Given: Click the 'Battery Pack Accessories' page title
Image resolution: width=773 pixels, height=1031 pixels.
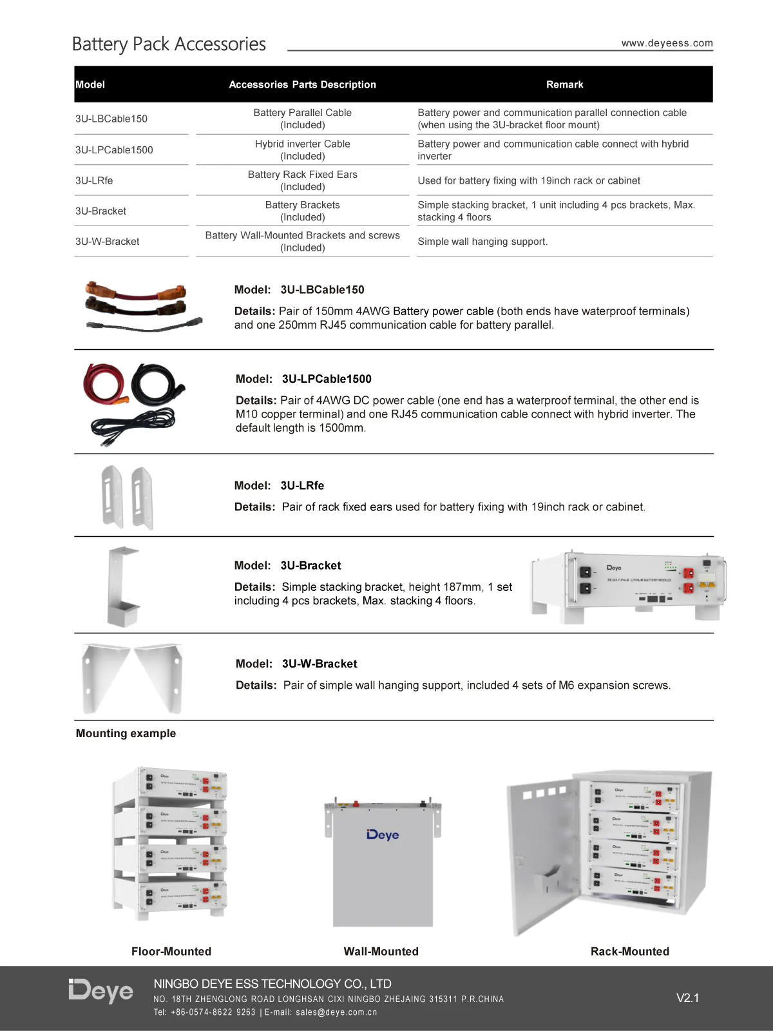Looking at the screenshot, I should (x=169, y=44).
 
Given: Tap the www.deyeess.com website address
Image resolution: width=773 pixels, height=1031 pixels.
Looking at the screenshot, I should (x=667, y=43).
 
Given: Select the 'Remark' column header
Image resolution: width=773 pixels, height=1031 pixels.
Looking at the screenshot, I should (x=564, y=84).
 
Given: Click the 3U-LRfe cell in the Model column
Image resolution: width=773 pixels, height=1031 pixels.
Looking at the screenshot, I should (x=94, y=180).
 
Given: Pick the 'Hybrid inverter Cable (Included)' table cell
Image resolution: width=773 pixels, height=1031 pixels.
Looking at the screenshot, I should (x=302, y=150).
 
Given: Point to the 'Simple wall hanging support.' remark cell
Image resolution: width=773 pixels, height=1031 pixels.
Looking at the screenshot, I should (x=482, y=242).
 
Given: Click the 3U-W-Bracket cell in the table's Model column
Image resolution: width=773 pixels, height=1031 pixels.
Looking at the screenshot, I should (x=107, y=242).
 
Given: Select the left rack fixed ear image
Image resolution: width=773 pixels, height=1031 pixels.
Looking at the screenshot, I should (x=112, y=497).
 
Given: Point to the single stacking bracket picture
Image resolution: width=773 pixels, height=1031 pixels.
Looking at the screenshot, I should (x=122, y=586).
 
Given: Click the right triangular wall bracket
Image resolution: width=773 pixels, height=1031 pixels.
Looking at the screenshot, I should (x=160, y=677).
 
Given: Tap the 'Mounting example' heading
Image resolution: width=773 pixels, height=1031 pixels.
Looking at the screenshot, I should (x=126, y=733).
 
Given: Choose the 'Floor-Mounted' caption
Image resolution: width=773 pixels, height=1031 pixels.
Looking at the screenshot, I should (x=171, y=951).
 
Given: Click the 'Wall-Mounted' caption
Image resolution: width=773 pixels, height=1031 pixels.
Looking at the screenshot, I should (x=381, y=951).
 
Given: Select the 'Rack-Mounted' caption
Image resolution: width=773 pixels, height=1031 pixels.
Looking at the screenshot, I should (x=629, y=951).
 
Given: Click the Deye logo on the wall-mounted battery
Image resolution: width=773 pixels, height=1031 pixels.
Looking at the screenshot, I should (x=383, y=835).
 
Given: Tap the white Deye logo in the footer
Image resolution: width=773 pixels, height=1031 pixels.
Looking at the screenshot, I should (x=101, y=991).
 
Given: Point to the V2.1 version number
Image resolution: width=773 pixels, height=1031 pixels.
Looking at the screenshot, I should (x=687, y=998).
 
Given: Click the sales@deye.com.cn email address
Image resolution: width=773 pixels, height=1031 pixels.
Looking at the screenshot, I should (x=336, y=1012).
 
